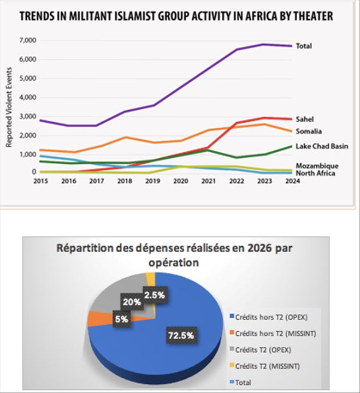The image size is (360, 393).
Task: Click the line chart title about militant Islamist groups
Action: (176, 17)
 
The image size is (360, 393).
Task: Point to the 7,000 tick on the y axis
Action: (27, 41)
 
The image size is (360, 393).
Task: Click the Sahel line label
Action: (304, 119)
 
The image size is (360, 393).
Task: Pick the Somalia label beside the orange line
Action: (308, 131)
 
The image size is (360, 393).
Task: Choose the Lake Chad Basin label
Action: (321, 146)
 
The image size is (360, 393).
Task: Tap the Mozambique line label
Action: (317, 165)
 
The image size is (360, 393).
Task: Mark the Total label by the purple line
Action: (303, 46)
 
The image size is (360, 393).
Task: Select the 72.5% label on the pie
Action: (180, 336)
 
